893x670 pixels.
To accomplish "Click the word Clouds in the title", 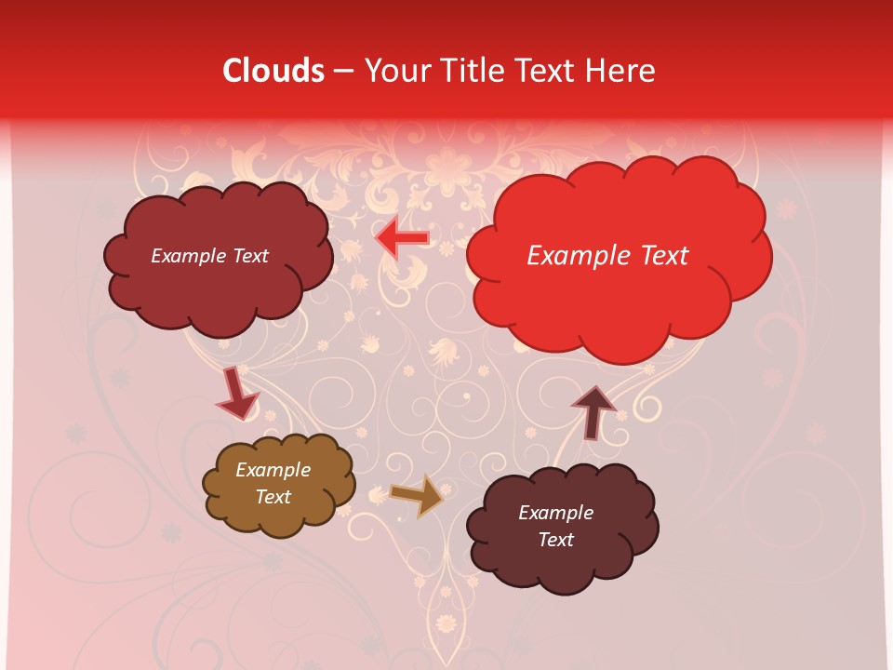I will point(273,71).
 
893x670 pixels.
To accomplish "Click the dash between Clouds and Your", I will point(343,71).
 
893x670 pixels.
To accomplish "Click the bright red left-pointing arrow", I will point(402,239).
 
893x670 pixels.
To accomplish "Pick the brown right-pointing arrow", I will point(416,495).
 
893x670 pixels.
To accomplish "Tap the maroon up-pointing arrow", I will point(593,411).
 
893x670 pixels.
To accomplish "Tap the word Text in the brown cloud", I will point(273,497).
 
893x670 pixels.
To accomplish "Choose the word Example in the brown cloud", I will point(273,470).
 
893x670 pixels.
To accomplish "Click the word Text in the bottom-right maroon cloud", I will point(556,540).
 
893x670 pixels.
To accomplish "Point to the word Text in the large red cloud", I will point(661,256).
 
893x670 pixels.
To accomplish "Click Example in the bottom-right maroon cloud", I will point(556,513).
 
